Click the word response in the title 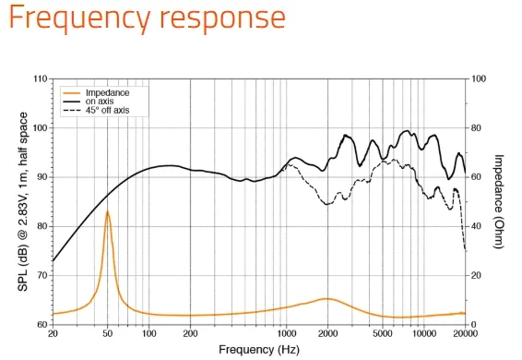tap(222, 18)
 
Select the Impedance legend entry tap(96, 92)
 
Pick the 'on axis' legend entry tap(89, 101)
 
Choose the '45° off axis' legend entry tap(96, 110)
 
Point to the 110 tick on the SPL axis tap(41, 79)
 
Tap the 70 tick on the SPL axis tap(42, 275)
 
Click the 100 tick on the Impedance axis tap(479, 79)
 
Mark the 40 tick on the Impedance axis tap(477, 226)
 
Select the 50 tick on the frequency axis tap(107, 333)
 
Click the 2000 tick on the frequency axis tap(327, 333)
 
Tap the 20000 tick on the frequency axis tap(465, 333)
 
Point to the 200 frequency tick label tap(190, 333)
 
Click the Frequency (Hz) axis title tap(259, 350)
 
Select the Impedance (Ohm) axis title tap(499, 201)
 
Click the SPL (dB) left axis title tap(23, 201)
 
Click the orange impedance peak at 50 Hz tap(107, 211)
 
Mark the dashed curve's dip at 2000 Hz tap(327, 204)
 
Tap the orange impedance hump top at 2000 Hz tap(327, 299)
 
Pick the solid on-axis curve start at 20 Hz tap(53, 260)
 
